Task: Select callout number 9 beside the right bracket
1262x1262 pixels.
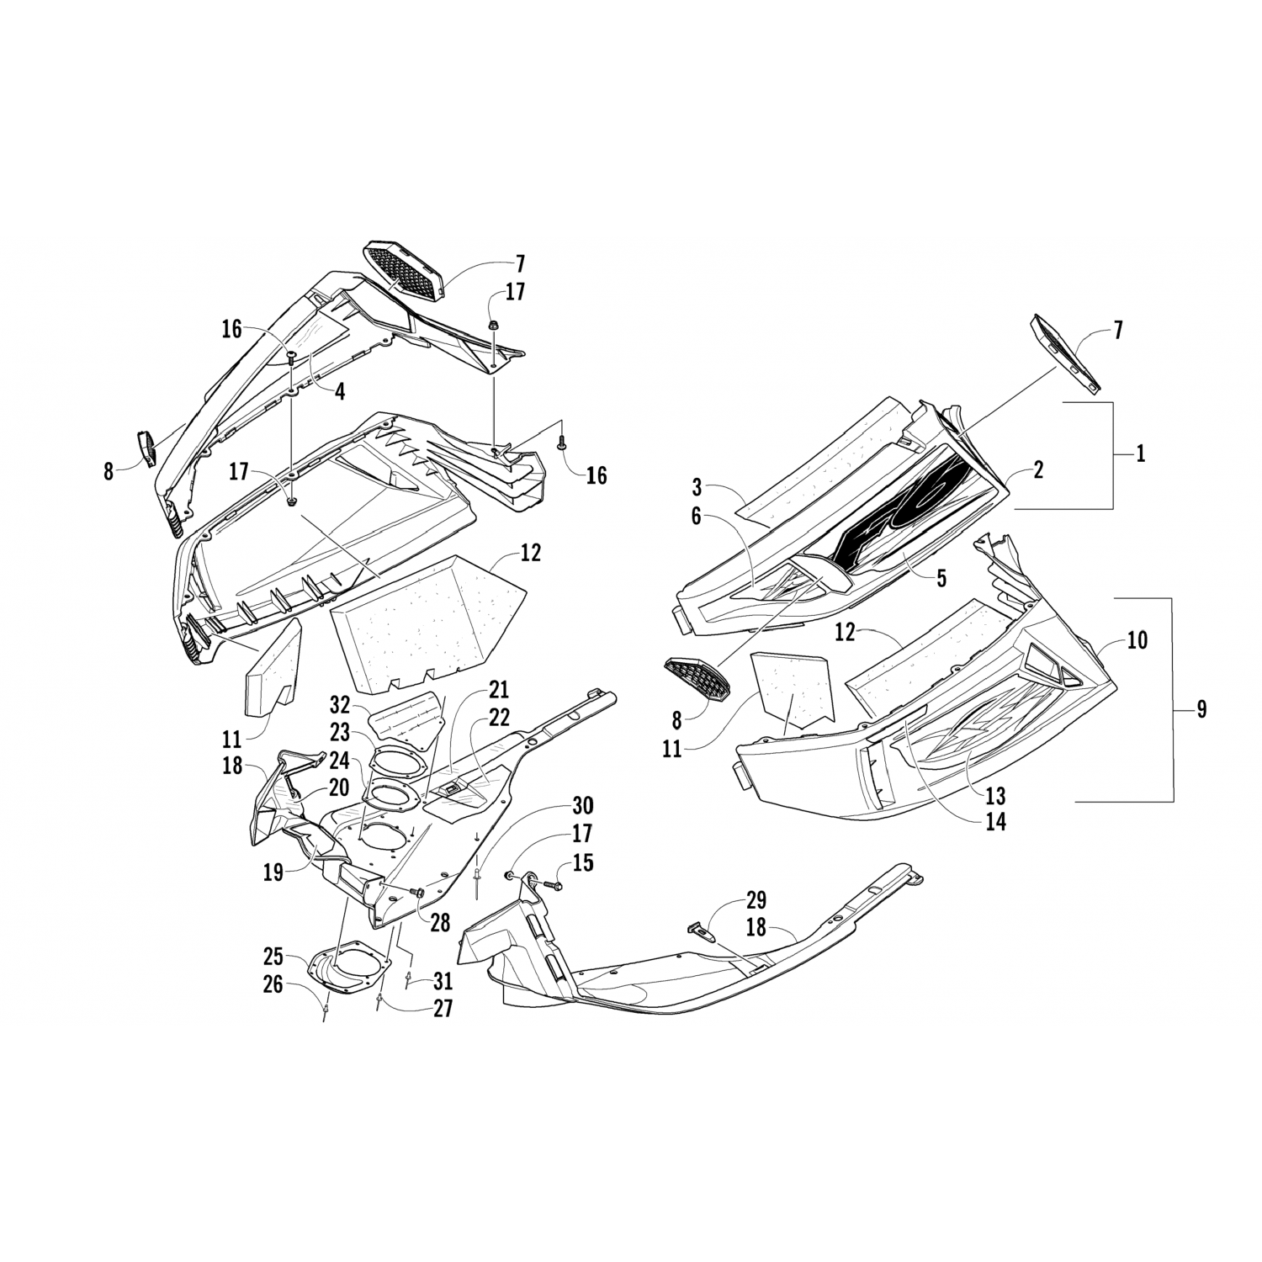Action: point(1201,709)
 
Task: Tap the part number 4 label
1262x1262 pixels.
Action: point(339,390)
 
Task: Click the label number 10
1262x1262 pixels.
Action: point(1137,641)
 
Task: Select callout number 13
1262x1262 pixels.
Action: point(995,795)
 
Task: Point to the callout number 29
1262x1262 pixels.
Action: point(755,900)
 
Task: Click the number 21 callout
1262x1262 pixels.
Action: point(499,691)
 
